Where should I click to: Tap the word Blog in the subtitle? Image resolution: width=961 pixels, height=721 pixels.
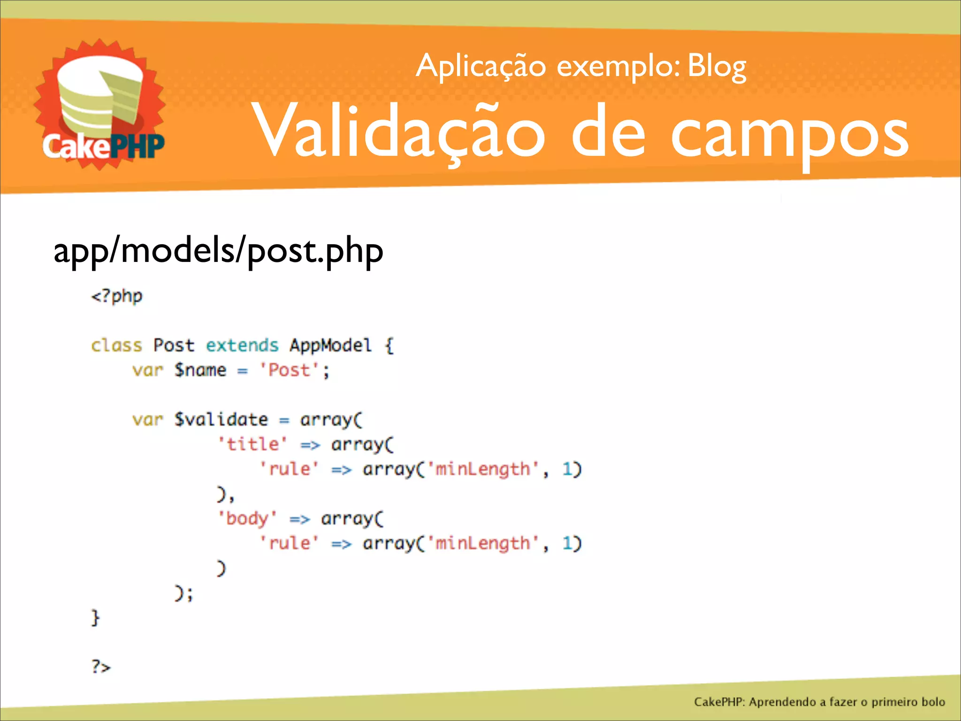pyautogui.click(x=717, y=67)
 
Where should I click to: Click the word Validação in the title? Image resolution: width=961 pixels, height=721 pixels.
pyautogui.click(x=399, y=131)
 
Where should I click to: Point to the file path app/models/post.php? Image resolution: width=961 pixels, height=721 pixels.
pyautogui.click(x=218, y=251)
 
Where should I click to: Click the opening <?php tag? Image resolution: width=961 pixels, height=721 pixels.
pyautogui.click(x=117, y=297)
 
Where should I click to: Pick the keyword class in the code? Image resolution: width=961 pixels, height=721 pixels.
pyautogui.click(x=116, y=345)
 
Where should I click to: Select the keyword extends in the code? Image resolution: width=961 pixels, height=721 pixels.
pyautogui.click(x=242, y=345)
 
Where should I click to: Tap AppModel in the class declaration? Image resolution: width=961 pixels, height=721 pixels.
pyautogui.click(x=330, y=345)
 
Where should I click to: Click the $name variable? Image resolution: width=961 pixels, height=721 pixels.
pyautogui.click(x=200, y=370)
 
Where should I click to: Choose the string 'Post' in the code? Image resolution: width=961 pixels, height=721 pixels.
pyautogui.click(x=289, y=370)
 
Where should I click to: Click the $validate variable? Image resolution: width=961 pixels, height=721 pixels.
pyautogui.click(x=221, y=420)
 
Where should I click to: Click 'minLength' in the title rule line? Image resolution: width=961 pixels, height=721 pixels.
pyautogui.click(x=483, y=469)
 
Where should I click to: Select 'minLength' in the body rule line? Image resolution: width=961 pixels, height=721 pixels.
pyautogui.click(x=483, y=544)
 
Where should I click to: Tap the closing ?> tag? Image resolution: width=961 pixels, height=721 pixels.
pyautogui.click(x=101, y=667)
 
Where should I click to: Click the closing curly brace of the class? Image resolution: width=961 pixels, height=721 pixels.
pyautogui.click(x=95, y=618)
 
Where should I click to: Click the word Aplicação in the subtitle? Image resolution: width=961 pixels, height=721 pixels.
pyautogui.click(x=480, y=67)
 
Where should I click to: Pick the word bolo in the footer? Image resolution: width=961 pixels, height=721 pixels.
pyautogui.click(x=933, y=702)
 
